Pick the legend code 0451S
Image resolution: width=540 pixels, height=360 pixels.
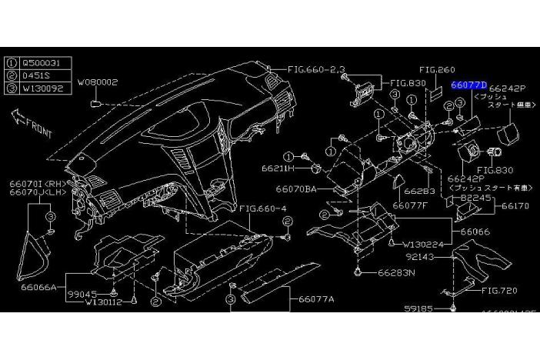point(37,76)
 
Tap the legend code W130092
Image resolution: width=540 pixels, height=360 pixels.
point(42,88)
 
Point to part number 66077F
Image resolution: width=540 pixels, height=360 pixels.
point(410,205)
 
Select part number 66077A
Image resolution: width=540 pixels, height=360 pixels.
point(317,298)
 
